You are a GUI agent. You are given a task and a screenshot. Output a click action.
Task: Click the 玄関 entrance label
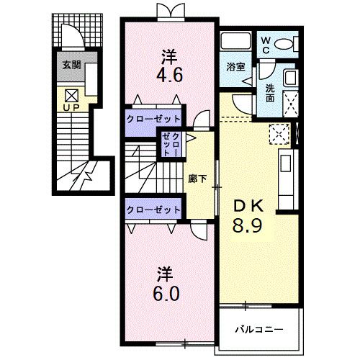(71, 65)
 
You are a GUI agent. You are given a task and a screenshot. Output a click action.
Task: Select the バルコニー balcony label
(258, 330)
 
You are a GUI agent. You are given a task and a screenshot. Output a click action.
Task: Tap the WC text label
(265, 45)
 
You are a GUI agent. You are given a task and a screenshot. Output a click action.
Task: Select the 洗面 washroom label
(270, 91)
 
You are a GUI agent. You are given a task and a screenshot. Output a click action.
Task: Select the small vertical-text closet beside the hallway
(171, 144)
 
